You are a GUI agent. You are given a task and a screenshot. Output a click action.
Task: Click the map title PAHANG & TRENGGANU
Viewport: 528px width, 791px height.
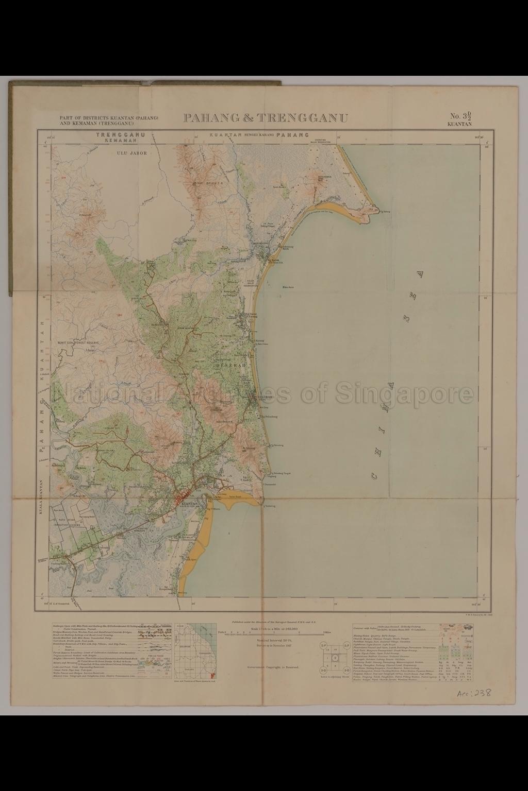click(x=265, y=118)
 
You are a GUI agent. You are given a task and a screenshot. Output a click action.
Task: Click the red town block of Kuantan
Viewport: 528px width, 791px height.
click(x=184, y=498)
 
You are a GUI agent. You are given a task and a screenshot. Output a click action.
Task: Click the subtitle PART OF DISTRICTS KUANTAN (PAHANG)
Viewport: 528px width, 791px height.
click(x=108, y=118)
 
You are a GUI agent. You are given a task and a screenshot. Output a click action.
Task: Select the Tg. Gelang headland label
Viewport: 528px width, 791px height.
click(x=385, y=210)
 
